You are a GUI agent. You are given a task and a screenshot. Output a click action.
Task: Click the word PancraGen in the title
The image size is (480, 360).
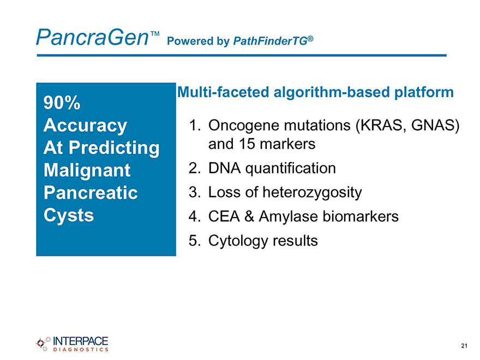(x=92, y=37)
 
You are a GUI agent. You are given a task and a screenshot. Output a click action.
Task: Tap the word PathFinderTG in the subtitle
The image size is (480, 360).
(x=271, y=41)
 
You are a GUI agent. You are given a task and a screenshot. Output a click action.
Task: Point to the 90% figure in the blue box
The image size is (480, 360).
(x=62, y=103)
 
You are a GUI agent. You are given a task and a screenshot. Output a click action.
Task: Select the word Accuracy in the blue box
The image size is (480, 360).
(x=85, y=125)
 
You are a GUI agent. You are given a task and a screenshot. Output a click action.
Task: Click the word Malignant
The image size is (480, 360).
(x=87, y=170)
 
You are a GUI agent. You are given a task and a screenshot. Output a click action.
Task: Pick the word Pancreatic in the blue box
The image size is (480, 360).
(x=91, y=193)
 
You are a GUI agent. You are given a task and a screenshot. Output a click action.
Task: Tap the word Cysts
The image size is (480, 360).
(x=69, y=215)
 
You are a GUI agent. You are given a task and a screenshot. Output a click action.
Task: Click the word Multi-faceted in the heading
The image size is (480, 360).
(x=223, y=92)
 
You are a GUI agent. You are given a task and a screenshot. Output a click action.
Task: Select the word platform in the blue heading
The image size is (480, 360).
(x=424, y=92)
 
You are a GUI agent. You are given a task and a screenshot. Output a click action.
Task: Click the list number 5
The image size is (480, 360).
(x=194, y=241)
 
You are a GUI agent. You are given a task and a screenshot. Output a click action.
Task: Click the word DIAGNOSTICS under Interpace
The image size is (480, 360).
(x=81, y=349)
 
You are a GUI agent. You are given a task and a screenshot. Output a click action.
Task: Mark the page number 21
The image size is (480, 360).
(x=464, y=346)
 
